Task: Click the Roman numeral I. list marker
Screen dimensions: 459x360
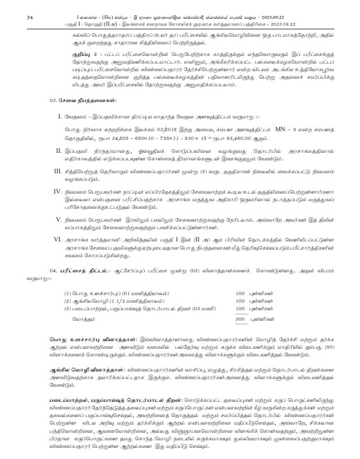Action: pyautogui.click(x=60, y=134)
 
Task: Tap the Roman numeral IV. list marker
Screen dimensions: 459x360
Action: pyautogui.click(x=57, y=191)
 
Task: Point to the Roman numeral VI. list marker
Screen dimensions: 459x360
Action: pyautogui.click(x=57, y=239)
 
